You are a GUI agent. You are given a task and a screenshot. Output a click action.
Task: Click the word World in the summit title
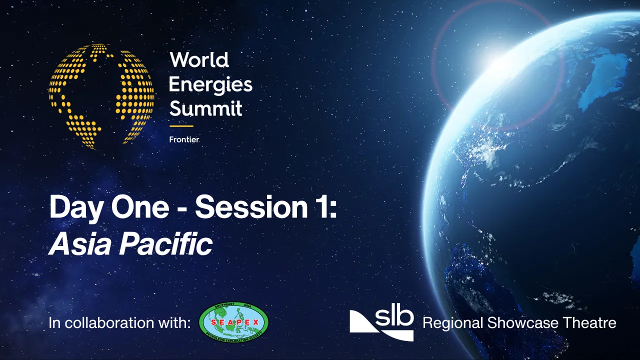click(x=199, y=60)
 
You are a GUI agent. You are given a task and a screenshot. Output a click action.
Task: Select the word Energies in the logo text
click(x=210, y=84)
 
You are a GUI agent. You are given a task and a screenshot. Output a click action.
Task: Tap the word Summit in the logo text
click(x=205, y=108)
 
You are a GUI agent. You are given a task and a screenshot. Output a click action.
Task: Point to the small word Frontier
click(x=184, y=139)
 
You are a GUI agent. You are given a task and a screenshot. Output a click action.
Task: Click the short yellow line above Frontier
click(x=181, y=126)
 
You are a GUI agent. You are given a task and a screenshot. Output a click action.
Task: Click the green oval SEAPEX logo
click(x=233, y=322)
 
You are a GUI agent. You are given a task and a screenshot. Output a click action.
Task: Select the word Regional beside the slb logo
click(x=453, y=323)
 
